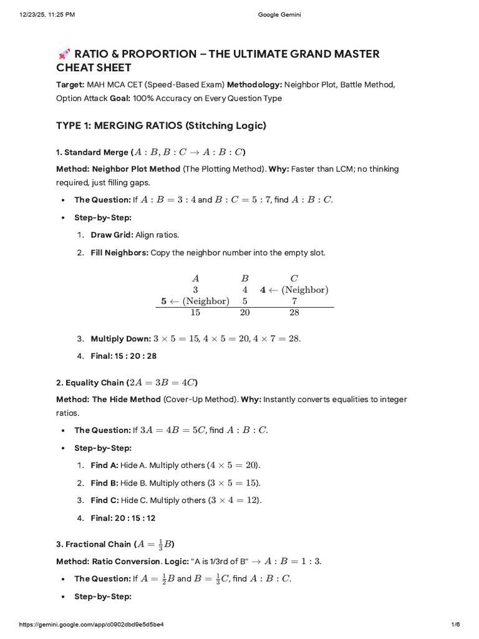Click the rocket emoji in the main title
(x=62, y=54)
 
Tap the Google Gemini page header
(x=279, y=15)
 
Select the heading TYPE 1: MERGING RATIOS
(x=161, y=125)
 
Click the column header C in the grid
(x=294, y=278)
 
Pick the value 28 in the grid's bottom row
(x=294, y=313)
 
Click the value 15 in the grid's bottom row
(x=195, y=313)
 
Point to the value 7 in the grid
(x=294, y=301)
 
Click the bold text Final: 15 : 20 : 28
(x=123, y=356)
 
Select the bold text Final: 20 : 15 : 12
(x=123, y=517)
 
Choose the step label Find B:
(x=104, y=483)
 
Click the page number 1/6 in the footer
(x=455, y=625)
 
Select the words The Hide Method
(x=130, y=399)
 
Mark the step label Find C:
(x=104, y=500)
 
